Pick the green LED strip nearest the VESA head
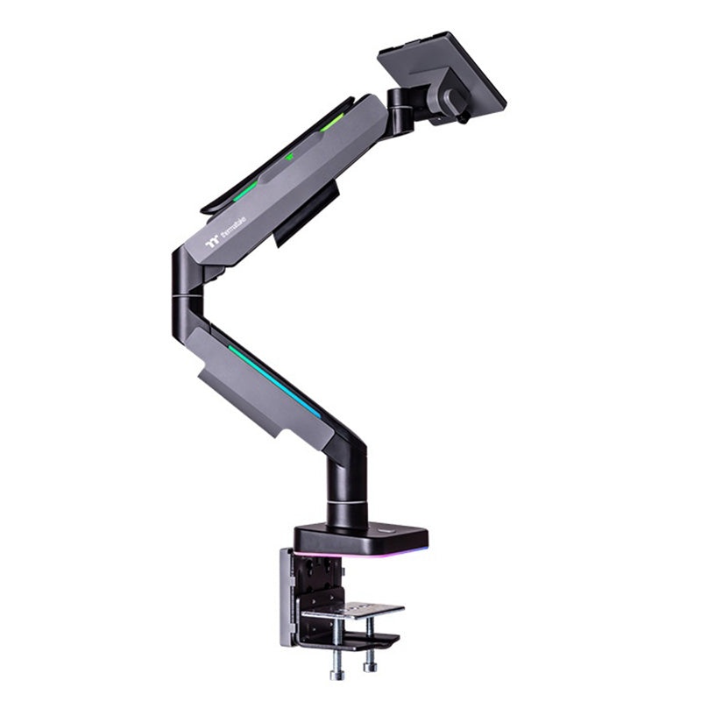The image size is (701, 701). [332, 124]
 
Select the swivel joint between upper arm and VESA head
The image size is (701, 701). [400, 110]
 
